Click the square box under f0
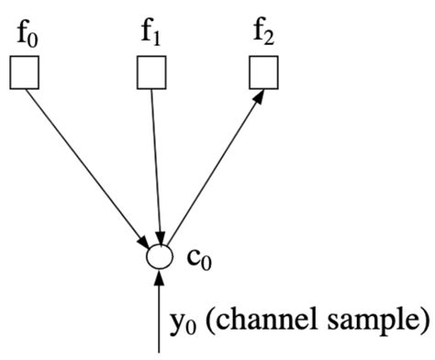(x=24, y=73)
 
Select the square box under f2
(x=267, y=73)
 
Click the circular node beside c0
(x=160, y=256)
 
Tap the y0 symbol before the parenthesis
(x=182, y=322)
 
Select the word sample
(x=371, y=321)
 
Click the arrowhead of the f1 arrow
(x=162, y=236)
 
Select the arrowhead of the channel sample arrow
(x=161, y=278)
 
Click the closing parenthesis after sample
(x=423, y=320)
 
